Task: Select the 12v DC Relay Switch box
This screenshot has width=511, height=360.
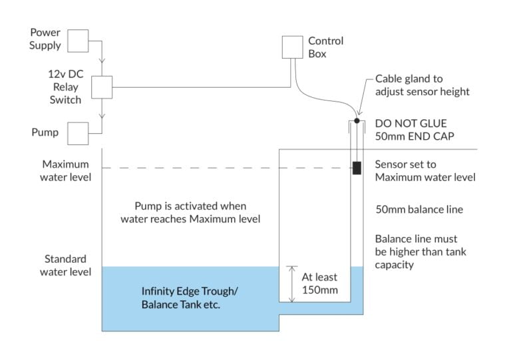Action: click(102, 87)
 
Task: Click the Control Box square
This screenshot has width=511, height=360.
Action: click(292, 46)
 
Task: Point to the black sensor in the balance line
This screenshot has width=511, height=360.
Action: click(357, 168)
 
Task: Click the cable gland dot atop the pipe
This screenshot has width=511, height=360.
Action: click(357, 121)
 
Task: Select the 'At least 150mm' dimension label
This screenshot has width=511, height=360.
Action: click(319, 283)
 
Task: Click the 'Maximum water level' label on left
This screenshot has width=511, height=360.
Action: click(67, 170)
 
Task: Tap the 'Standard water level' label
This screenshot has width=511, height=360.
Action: click(67, 265)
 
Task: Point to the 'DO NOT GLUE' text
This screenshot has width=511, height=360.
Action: click(411, 124)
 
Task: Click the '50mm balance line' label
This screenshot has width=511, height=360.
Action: click(419, 209)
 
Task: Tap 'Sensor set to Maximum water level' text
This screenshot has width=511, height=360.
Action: click(425, 170)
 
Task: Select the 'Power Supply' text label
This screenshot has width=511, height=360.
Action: click(45, 39)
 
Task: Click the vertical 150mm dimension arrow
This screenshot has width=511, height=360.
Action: click(290, 283)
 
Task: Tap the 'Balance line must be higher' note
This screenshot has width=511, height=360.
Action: click(425, 252)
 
